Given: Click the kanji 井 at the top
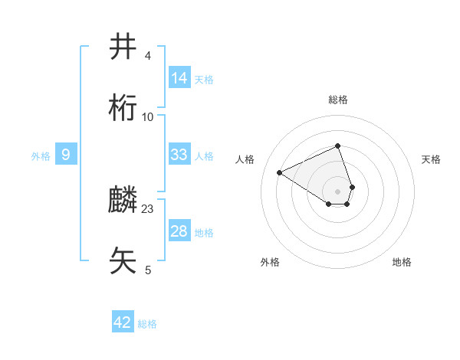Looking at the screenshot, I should [123, 47].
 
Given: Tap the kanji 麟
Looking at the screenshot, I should [123, 201].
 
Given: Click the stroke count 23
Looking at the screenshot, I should [148, 209].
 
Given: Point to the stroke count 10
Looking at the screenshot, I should [148, 116].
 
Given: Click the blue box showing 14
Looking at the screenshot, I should [179, 78].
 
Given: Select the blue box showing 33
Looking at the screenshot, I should [179, 155].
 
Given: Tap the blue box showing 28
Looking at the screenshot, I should [179, 231].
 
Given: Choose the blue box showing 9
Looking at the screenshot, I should [66, 155].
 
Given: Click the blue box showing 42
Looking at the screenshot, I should [123, 322].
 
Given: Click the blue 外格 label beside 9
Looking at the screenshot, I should [41, 156].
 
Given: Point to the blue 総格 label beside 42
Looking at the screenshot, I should [147, 324].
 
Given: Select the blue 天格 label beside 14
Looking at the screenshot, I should [204, 80].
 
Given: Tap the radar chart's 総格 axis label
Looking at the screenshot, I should [338, 100].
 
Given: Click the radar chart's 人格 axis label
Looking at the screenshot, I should [245, 159].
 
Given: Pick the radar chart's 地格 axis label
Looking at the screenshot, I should [402, 262].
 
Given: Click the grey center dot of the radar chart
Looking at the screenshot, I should [338, 191].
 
